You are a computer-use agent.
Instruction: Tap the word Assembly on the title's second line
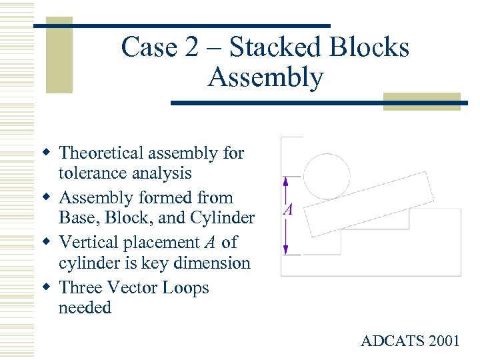[265, 77]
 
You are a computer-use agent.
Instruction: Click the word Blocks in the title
[372, 47]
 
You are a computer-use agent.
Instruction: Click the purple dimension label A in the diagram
[288, 210]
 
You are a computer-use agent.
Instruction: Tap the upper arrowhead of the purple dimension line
[285, 181]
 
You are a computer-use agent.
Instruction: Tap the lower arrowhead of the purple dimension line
[285, 251]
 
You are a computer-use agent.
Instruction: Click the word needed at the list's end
[85, 308]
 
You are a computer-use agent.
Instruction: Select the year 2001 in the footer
[443, 341]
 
